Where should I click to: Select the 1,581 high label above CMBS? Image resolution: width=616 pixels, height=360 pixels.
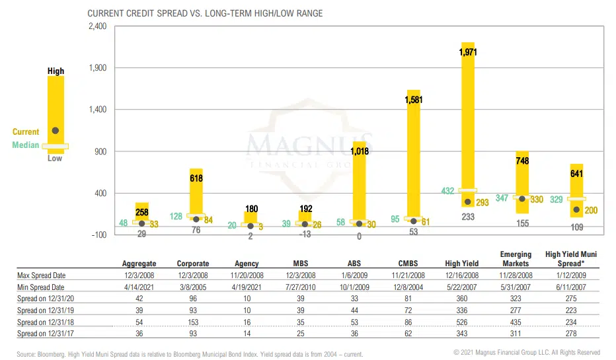point(414,100)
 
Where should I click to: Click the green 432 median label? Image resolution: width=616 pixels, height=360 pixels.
point(448,191)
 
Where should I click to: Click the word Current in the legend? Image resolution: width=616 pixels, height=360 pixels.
point(26,132)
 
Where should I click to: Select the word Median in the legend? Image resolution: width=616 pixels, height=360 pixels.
point(26,145)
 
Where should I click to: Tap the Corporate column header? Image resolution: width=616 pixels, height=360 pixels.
point(193,264)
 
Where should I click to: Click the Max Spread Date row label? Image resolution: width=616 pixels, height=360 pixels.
point(42,275)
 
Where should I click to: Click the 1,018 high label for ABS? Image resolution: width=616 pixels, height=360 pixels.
point(360,151)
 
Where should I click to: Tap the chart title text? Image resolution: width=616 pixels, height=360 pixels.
point(205,13)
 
